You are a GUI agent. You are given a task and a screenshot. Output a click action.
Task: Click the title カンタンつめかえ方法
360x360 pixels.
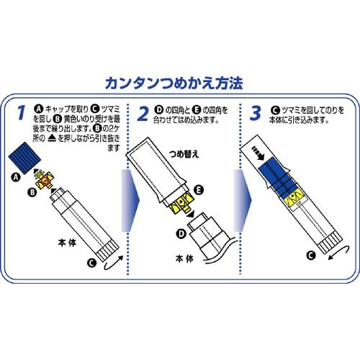(174, 84)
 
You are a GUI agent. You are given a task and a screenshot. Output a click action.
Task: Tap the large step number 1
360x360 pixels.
(21, 113)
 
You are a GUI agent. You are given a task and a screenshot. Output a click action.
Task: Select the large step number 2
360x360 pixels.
(143, 114)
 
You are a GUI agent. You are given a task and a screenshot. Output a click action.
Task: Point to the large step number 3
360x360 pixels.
(256, 113)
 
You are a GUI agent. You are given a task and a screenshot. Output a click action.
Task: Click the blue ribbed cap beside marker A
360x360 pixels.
(24, 158)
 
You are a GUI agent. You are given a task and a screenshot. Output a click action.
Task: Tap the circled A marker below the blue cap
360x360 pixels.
(16, 178)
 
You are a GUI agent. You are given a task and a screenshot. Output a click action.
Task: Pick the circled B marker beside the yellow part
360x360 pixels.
(32, 192)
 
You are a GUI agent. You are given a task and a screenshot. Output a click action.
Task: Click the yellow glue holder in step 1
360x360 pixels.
(45, 179)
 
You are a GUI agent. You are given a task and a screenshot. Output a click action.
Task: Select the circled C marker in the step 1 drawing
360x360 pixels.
(91, 263)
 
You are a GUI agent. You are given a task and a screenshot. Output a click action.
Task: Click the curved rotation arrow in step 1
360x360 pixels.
(113, 263)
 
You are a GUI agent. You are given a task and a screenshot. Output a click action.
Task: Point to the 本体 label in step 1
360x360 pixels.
(67, 243)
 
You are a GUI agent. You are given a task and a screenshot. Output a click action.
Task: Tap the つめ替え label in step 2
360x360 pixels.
(184, 154)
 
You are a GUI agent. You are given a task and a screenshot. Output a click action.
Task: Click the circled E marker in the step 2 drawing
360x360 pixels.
(199, 190)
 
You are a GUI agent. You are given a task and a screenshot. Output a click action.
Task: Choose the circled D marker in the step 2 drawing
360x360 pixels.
(181, 233)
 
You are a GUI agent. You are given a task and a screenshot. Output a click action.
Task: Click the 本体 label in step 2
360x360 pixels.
(184, 258)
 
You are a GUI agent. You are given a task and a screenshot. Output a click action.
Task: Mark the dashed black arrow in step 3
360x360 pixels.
(258, 153)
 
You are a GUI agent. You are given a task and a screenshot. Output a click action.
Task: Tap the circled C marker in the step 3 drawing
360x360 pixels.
(311, 256)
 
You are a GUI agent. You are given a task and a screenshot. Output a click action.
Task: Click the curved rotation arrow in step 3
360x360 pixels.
(339, 253)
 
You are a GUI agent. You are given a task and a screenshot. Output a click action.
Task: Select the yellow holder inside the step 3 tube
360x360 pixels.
(294, 198)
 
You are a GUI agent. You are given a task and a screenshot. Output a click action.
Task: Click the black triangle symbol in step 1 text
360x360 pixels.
(52, 138)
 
